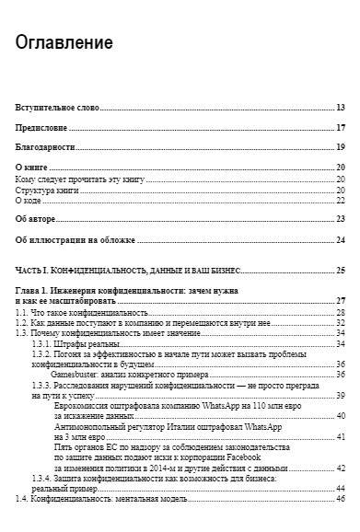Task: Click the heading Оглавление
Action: tap(64, 42)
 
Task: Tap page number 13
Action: tap(341, 108)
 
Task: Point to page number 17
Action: tap(341, 127)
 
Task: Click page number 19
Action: tap(341, 147)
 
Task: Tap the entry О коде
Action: tap(30, 199)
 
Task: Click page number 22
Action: tap(341, 199)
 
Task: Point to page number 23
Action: tap(341, 218)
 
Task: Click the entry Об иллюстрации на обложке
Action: tap(75, 239)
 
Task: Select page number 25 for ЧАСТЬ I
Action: tap(341, 271)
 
